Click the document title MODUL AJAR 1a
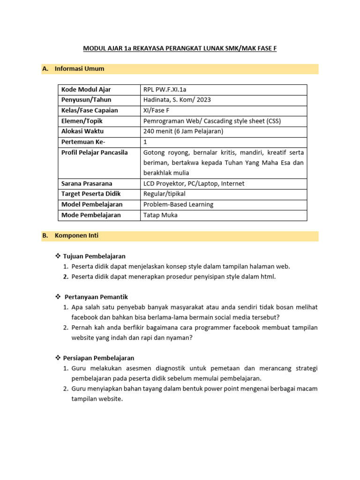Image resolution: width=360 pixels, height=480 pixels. coord(180,48)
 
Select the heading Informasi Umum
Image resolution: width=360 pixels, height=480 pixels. coord(79,69)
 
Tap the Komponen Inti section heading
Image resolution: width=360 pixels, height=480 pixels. coord(76,236)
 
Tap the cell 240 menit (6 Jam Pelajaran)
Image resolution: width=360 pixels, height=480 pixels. coord(183,131)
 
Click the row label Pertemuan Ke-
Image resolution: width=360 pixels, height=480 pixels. coord(83,142)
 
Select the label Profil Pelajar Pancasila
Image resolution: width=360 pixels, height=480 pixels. coord(95,152)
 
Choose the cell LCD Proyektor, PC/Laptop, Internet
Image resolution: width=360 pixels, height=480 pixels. coord(194,183)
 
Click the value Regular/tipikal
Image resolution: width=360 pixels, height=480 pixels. coord(165,194)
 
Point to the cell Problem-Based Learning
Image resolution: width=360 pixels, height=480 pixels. coord(178,204)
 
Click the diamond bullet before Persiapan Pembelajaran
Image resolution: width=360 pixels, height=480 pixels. coord(58,358)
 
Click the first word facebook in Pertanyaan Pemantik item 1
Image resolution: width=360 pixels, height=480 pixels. coord(85,317)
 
